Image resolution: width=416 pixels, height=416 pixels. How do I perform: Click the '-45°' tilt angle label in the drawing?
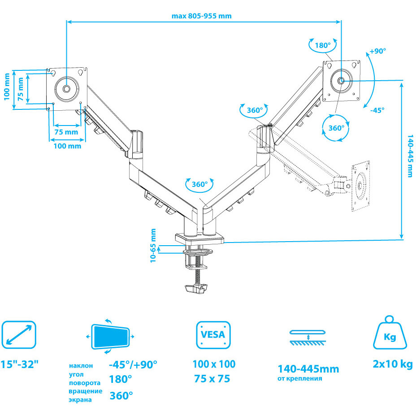pos(377,110)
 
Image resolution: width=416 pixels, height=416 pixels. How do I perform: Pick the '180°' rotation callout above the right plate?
pos(322,45)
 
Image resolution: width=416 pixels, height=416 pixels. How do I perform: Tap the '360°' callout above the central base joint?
pos(199,184)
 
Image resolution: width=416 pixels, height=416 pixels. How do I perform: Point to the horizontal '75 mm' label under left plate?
pos(66,132)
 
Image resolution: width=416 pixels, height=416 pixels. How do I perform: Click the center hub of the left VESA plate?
pos(66,89)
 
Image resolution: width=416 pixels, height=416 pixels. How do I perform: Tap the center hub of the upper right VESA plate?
pos(341,81)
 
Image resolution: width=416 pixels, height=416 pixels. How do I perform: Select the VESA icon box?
pos(213,335)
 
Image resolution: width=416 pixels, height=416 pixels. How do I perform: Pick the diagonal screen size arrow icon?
pos(18,335)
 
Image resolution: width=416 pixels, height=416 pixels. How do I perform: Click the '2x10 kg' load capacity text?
pos(392,364)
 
